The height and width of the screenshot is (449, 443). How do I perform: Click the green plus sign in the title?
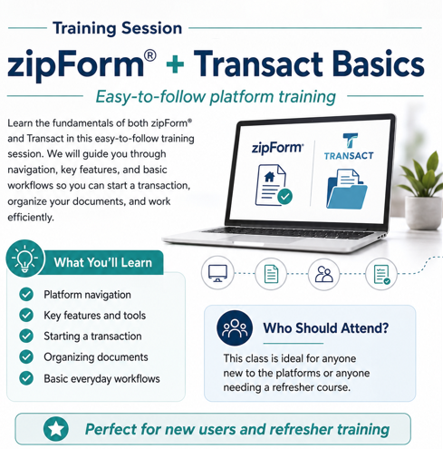click(175, 63)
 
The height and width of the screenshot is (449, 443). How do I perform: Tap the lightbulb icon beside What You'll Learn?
click(24, 259)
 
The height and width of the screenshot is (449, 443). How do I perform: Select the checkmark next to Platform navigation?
click(26, 295)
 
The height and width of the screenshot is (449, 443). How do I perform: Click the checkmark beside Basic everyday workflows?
click(26, 378)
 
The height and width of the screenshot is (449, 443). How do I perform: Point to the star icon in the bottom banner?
click(56, 429)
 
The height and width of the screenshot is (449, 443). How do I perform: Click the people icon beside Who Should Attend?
click(235, 328)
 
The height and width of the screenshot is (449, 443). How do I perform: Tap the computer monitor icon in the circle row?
click(217, 273)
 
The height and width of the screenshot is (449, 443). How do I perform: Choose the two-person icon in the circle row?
click(324, 274)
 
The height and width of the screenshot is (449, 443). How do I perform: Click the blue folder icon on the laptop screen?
click(347, 189)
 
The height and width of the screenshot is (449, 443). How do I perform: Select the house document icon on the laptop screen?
click(274, 185)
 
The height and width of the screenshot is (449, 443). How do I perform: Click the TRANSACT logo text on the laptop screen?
click(349, 156)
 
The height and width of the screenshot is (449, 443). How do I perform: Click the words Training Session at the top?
click(118, 28)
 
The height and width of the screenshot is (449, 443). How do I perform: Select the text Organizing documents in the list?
click(96, 357)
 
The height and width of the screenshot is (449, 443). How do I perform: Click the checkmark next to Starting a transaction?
click(26, 336)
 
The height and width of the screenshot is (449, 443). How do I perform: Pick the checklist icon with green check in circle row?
click(381, 275)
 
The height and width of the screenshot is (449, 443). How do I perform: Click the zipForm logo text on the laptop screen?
click(277, 148)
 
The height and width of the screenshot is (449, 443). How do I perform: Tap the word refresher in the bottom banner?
click(301, 429)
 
